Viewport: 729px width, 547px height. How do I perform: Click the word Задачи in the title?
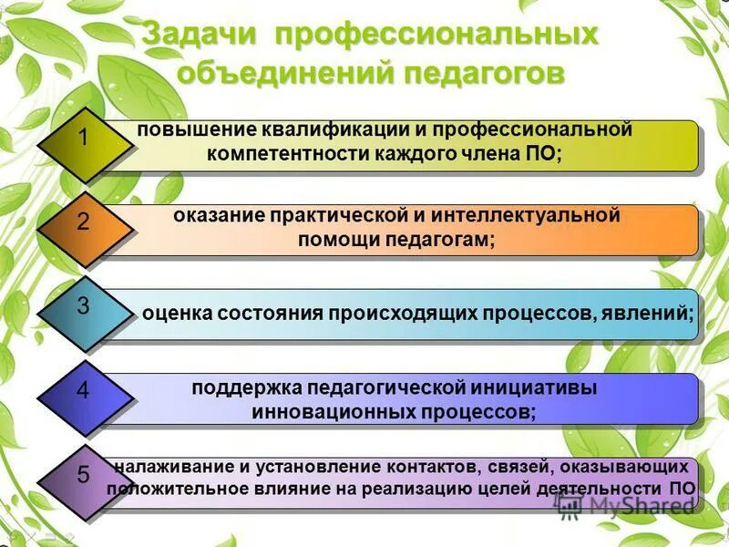click(202, 36)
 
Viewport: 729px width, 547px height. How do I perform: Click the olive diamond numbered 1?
click(83, 139)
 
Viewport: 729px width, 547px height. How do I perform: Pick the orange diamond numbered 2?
click(83, 222)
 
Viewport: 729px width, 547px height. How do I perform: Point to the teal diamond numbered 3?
click(83, 306)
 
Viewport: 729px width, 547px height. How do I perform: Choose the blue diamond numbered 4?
click(83, 392)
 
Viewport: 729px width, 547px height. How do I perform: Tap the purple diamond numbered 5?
click(83, 475)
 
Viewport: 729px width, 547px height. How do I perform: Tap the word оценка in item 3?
click(178, 314)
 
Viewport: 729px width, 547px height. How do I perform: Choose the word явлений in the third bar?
click(650, 314)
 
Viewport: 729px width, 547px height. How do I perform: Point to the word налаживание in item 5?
click(169, 468)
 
